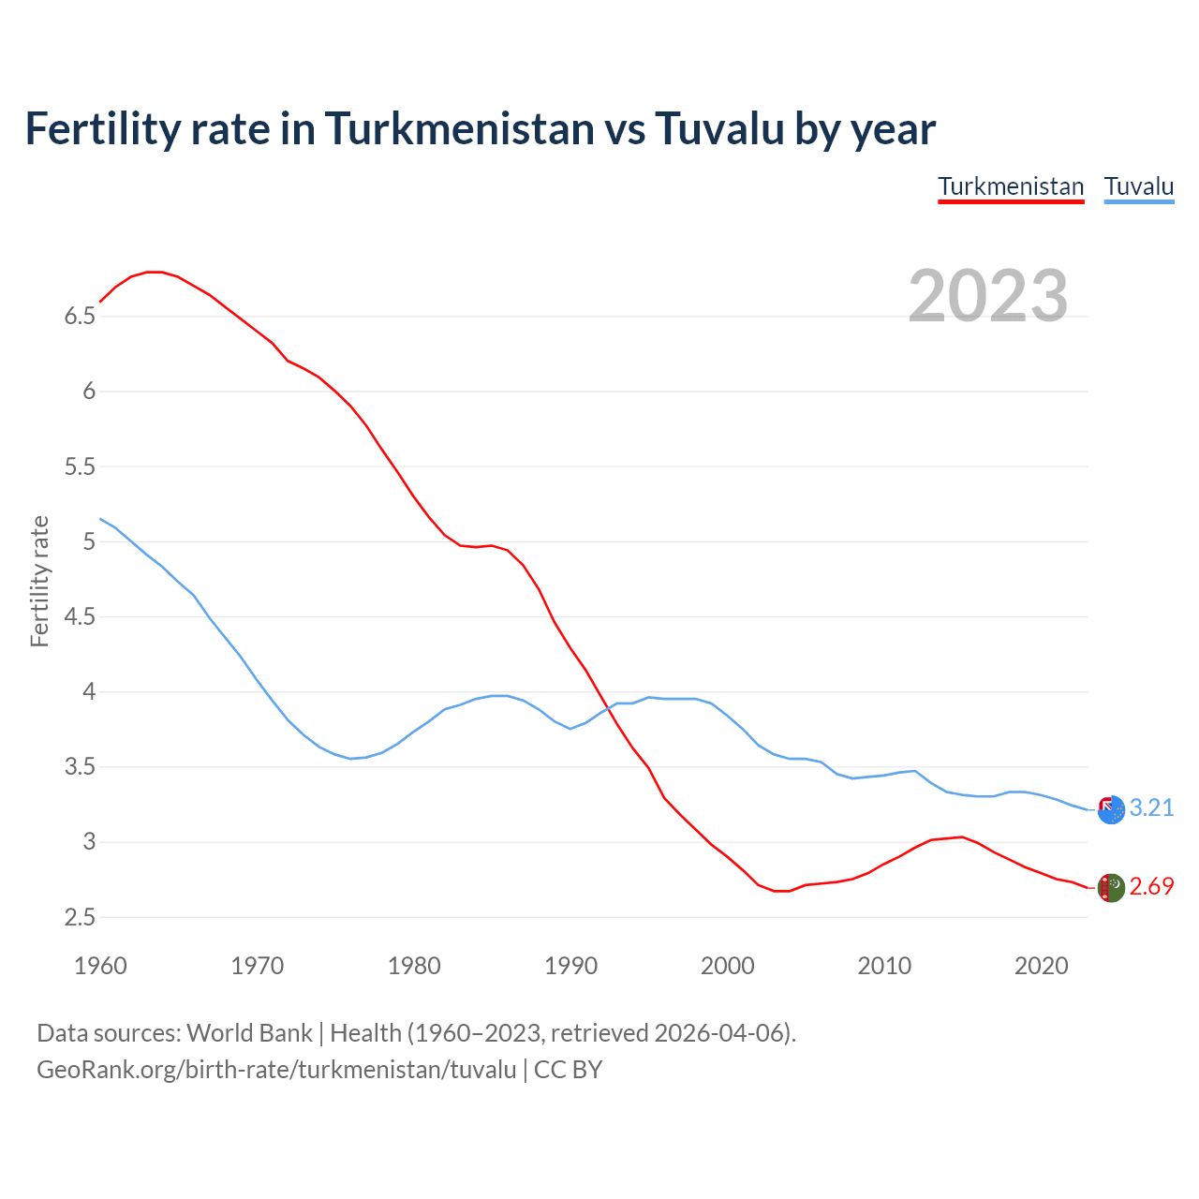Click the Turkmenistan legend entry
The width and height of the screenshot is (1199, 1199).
[x=1011, y=186]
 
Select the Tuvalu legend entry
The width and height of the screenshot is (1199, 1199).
[x=1139, y=186]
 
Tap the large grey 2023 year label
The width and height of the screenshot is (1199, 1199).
[x=988, y=296]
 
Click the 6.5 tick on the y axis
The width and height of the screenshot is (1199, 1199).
[x=81, y=317]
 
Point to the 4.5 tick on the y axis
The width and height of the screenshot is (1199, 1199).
[x=81, y=617]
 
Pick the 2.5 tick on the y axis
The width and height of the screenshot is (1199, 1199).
[x=81, y=918]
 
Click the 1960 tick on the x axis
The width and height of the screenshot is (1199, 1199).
[x=100, y=966]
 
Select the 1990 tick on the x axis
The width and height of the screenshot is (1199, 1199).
[x=570, y=966]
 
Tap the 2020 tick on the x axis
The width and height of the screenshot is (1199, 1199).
[x=1041, y=966]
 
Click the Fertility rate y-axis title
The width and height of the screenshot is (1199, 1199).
[x=39, y=581]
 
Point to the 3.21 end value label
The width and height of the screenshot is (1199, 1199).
[x=1151, y=807]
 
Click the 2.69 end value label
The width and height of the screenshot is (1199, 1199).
[x=1151, y=886]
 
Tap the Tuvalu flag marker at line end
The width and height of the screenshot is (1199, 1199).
[x=1111, y=810]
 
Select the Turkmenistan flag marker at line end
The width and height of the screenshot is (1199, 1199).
[x=1111, y=888]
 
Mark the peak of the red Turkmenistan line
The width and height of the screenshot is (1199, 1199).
[x=155, y=272]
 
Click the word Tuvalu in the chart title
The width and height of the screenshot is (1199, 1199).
[x=719, y=128]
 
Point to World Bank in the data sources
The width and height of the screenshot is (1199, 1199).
[x=249, y=1033]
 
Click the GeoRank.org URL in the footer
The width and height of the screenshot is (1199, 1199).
[x=276, y=1070]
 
